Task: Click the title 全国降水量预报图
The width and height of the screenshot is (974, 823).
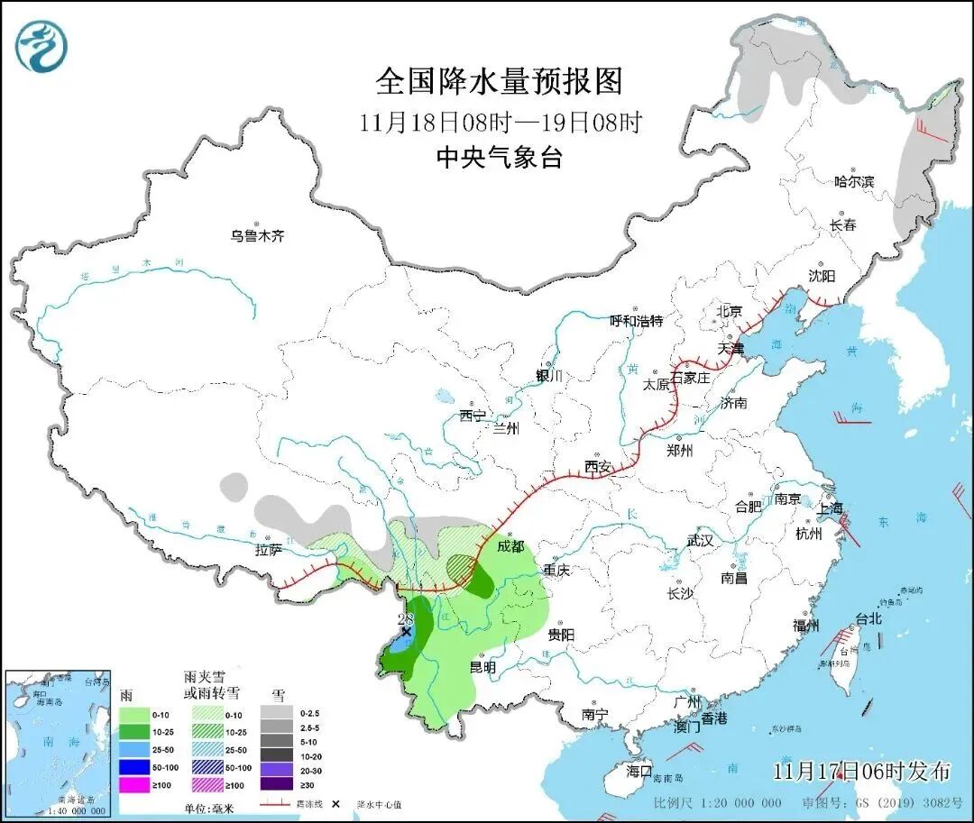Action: (499, 82)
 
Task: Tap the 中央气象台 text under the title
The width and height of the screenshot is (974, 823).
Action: (499, 158)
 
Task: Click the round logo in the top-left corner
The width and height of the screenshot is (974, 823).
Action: (42, 47)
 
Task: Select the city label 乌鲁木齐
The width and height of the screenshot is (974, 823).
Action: (257, 236)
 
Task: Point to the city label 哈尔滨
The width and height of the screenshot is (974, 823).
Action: (853, 181)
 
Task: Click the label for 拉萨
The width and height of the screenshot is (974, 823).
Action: (269, 549)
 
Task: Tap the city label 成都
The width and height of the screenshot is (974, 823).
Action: (510, 546)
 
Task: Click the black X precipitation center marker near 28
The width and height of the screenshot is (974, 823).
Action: (406, 632)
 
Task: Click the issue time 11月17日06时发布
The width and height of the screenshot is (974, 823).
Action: (861, 772)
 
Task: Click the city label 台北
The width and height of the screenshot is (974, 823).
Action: (867, 619)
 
